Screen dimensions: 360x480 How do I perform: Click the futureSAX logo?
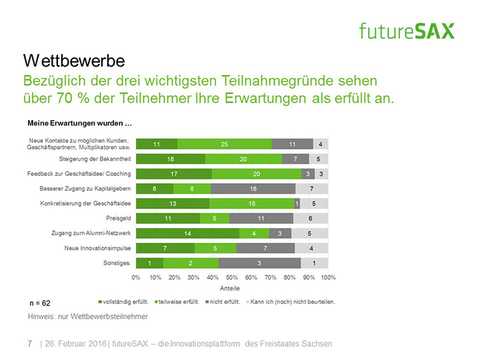click(x=406, y=30)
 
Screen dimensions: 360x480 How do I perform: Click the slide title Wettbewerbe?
click(x=74, y=61)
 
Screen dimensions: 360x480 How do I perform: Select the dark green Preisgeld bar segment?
click(x=167, y=217)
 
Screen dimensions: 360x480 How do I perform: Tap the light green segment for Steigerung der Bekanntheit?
click(x=243, y=159)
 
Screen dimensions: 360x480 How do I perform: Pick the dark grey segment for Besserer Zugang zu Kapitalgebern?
click(x=251, y=189)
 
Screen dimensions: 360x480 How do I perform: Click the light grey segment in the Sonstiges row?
click(x=314, y=263)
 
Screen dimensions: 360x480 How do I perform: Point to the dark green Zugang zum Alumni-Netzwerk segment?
click(x=187, y=233)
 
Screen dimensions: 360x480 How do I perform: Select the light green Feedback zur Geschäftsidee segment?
click(x=257, y=173)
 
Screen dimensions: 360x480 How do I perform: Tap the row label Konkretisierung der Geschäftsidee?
click(x=85, y=203)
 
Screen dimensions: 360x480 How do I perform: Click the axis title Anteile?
click(x=231, y=289)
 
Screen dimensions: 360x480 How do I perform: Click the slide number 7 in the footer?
click(x=29, y=344)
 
